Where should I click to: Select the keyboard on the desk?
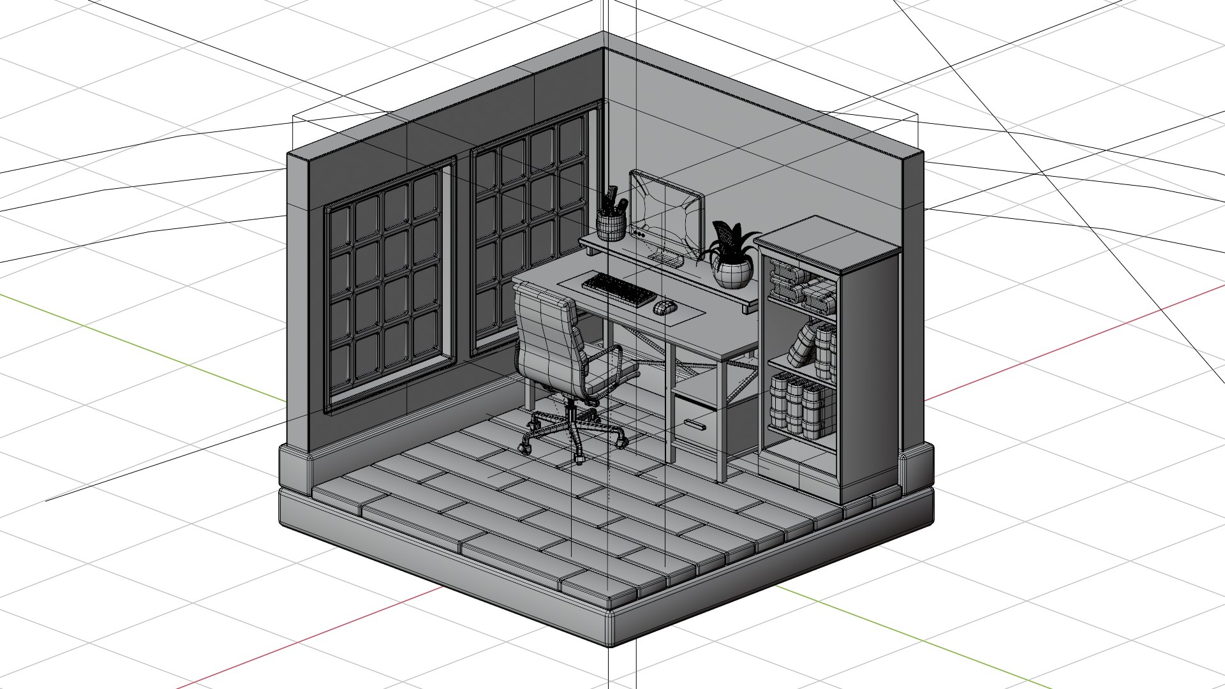[x=618, y=289]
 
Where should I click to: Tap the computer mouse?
[x=664, y=307]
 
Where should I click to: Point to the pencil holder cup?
[x=611, y=226]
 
